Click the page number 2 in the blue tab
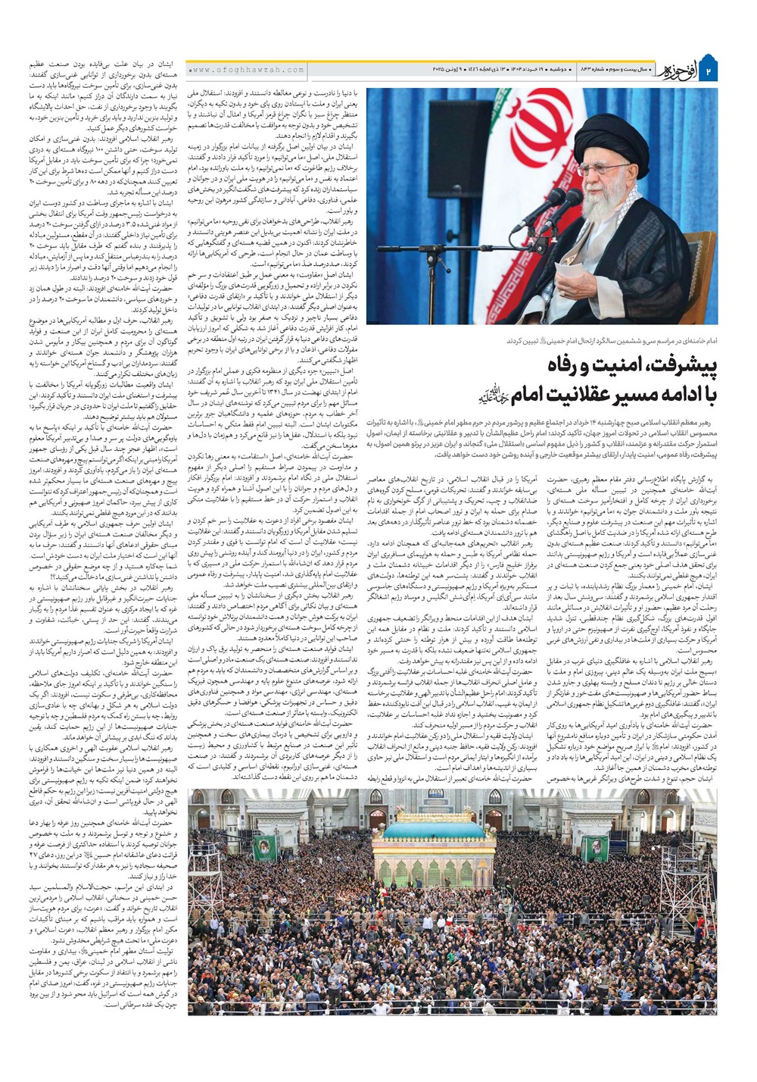tap(709, 71)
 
